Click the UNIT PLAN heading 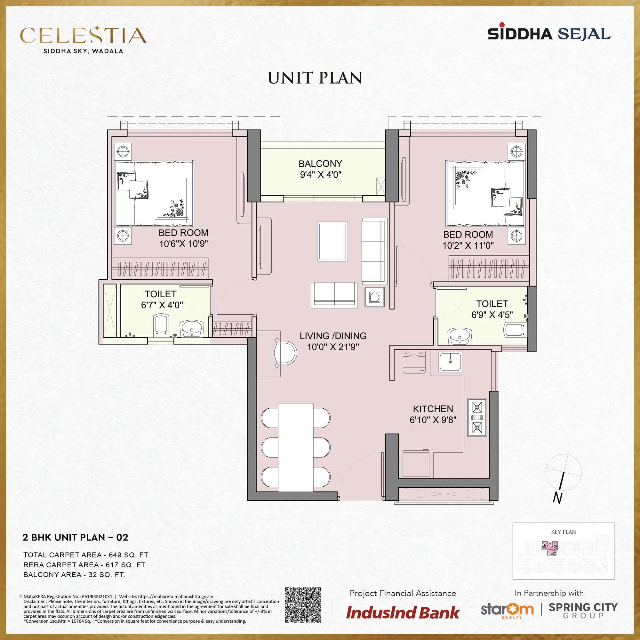[x=315, y=78]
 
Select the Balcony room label [x=320, y=164]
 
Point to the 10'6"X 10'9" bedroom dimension [x=183, y=244]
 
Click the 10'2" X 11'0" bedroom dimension [x=468, y=245]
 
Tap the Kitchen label [x=433, y=409]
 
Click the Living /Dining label [x=333, y=336]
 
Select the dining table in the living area [x=296, y=447]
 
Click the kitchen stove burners [x=477, y=417]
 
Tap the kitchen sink [x=450, y=362]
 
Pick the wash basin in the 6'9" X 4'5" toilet [x=460, y=337]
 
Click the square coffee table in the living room [x=332, y=242]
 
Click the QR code [x=303, y=605]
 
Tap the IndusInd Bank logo [x=403, y=613]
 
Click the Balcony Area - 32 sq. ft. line [x=74, y=575]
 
